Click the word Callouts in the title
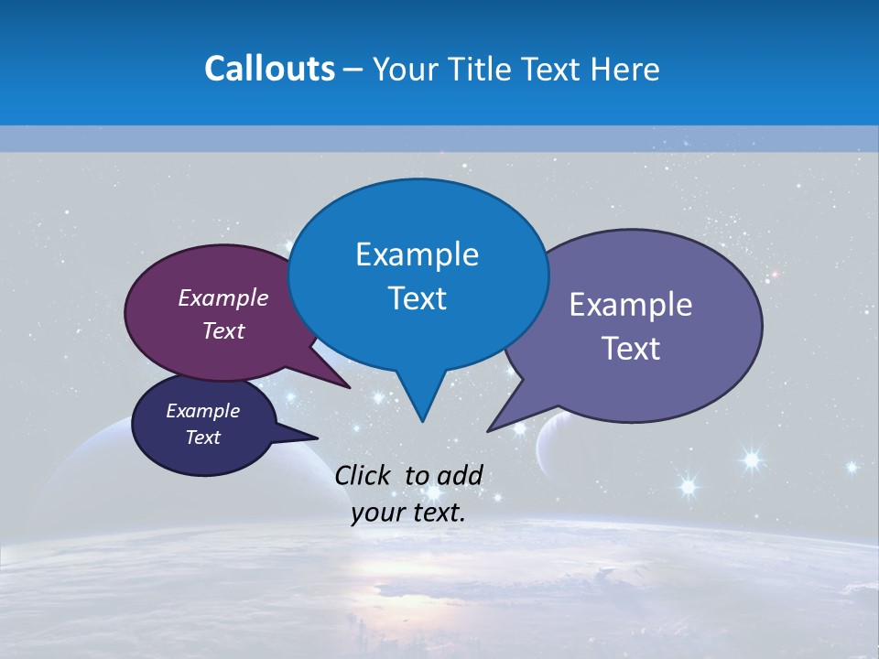click(269, 69)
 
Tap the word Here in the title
click(625, 69)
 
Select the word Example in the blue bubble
click(417, 254)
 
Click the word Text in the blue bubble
click(417, 298)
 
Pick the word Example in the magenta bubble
click(223, 297)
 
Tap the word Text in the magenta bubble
click(223, 330)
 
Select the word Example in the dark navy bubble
click(202, 411)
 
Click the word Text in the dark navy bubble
click(202, 438)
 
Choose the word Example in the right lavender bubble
click(631, 305)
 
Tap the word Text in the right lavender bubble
click(631, 349)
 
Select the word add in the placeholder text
click(460, 475)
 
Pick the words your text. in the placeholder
click(408, 513)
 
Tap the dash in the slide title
click(353, 70)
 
